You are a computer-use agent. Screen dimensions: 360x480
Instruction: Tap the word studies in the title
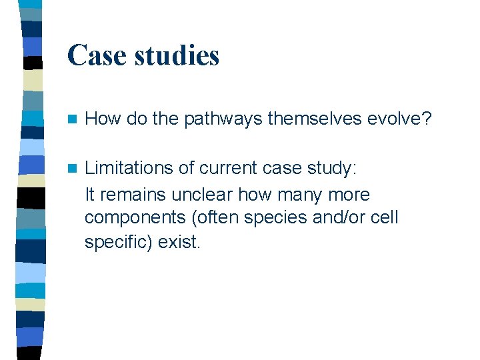(x=176, y=55)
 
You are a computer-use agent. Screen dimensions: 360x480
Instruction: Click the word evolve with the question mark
(x=399, y=119)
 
